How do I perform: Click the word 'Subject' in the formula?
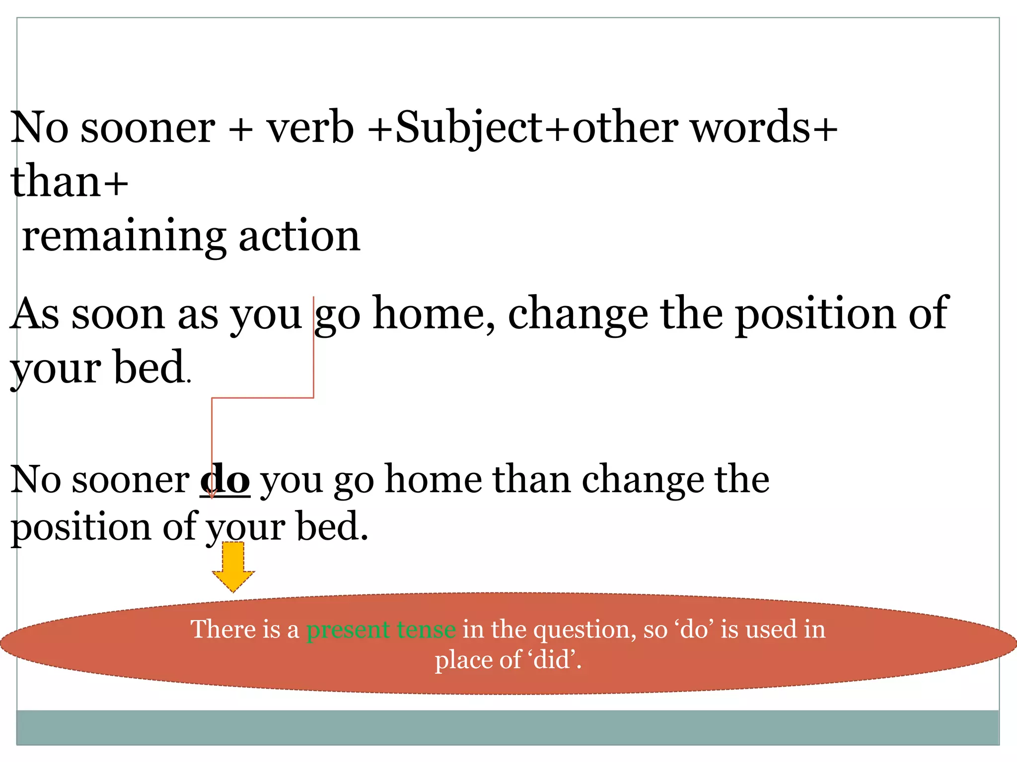469,128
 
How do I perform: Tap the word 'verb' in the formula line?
310,128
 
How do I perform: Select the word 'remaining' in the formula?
124,236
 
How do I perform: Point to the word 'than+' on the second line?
70,182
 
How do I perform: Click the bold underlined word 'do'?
225,480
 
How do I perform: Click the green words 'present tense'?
381,630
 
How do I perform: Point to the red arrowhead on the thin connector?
212,494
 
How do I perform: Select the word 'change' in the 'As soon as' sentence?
578,314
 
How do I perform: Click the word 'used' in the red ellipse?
769,630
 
